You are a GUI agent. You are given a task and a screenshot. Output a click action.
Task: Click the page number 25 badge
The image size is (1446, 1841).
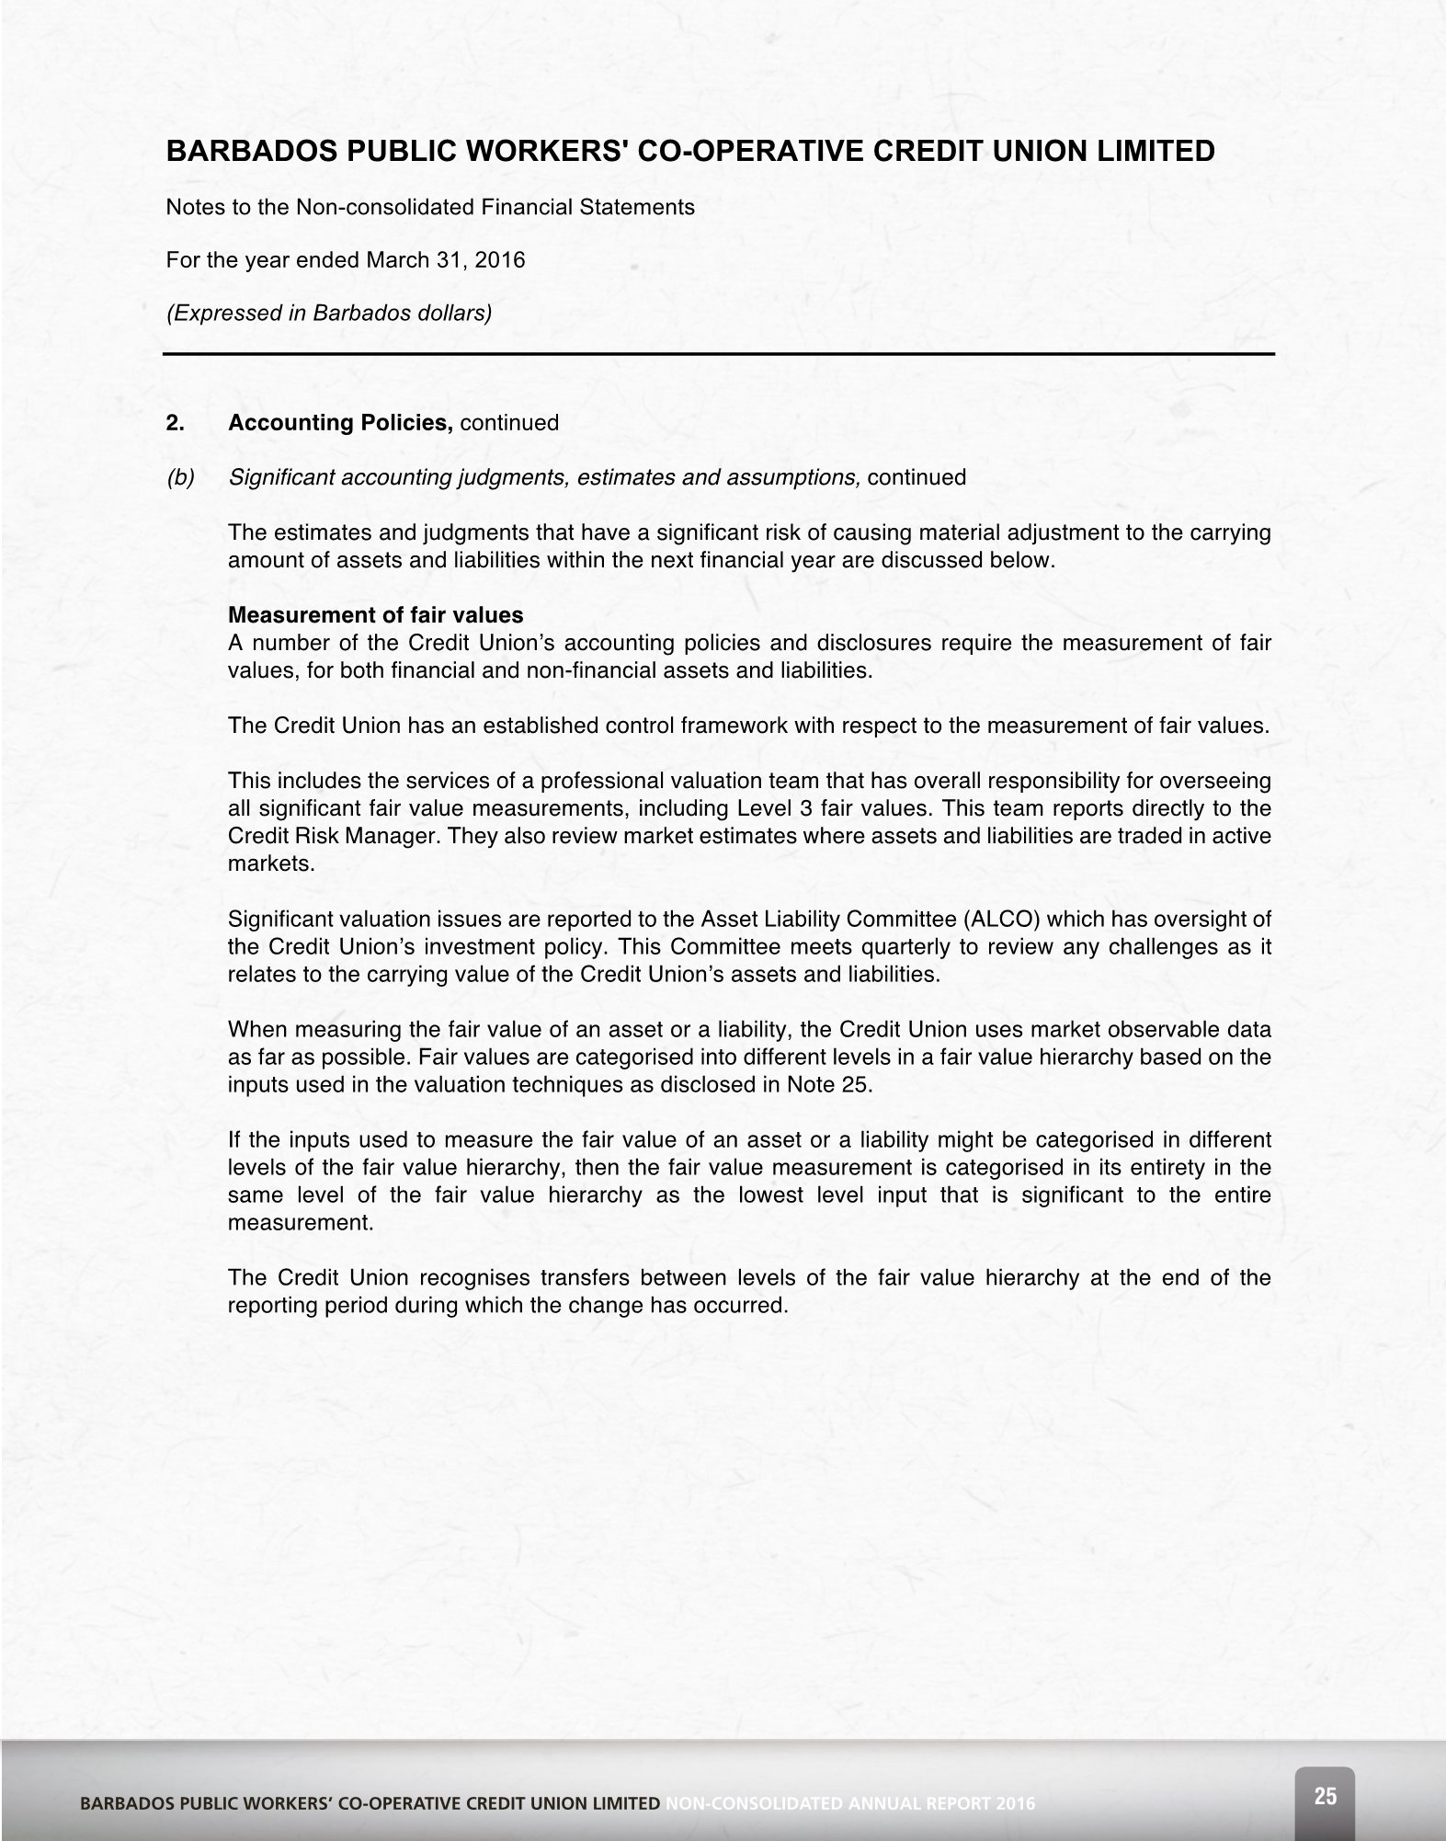1325,1796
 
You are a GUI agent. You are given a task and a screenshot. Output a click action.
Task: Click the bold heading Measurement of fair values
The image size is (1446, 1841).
375,614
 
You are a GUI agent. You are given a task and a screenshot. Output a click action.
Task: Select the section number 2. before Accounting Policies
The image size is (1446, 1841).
176,423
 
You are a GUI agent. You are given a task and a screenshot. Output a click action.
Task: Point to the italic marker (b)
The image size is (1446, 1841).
180,477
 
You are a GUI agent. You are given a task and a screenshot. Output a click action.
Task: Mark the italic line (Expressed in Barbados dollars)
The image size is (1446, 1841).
328,313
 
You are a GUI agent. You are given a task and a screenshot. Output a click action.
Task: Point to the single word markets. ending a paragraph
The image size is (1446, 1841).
271,863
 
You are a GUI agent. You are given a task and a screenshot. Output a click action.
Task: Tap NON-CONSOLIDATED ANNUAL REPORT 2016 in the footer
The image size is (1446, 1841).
849,1803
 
